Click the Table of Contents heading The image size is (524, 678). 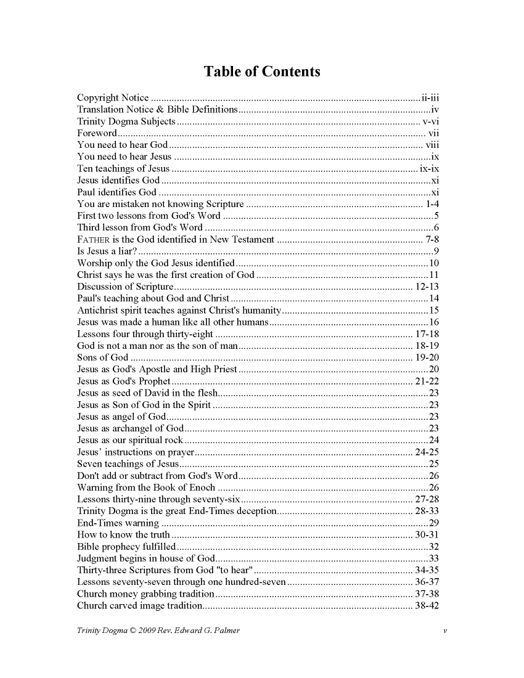coord(262,71)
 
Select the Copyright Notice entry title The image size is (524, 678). coord(113,98)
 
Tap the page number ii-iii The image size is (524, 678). coord(430,98)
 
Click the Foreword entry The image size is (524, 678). coord(97,133)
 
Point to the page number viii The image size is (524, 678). coord(432,145)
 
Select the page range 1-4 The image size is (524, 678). coord(432,204)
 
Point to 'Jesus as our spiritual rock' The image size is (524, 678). coord(129,440)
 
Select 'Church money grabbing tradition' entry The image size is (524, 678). coord(145,594)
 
